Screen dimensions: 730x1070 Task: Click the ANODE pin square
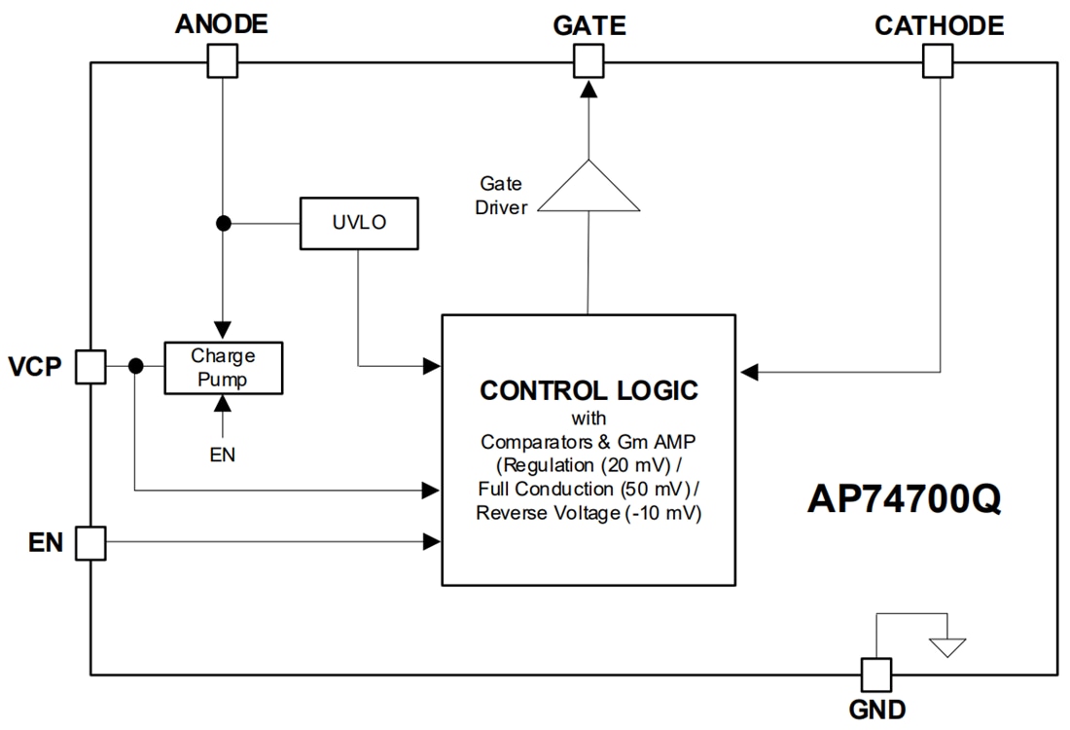(223, 63)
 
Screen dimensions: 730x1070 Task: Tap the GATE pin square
(588, 63)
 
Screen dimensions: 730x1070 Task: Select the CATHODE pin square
(938, 63)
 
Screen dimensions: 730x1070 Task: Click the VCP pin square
(90, 367)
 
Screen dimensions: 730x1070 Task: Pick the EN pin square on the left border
(90, 542)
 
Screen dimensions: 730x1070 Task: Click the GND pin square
(874, 674)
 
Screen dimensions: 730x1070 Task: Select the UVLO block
(360, 223)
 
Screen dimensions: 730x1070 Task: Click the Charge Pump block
(223, 367)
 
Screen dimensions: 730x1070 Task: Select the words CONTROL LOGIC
(588, 391)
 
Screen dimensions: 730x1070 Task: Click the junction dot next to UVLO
(223, 223)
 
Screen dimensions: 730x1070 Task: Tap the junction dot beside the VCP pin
(136, 367)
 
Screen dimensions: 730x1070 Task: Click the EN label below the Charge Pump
(223, 454)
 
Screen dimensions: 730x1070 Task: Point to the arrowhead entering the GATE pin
(588, 89)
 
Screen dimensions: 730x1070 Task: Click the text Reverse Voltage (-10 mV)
(588, 513)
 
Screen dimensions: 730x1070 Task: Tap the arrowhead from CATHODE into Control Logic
(747, 371)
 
